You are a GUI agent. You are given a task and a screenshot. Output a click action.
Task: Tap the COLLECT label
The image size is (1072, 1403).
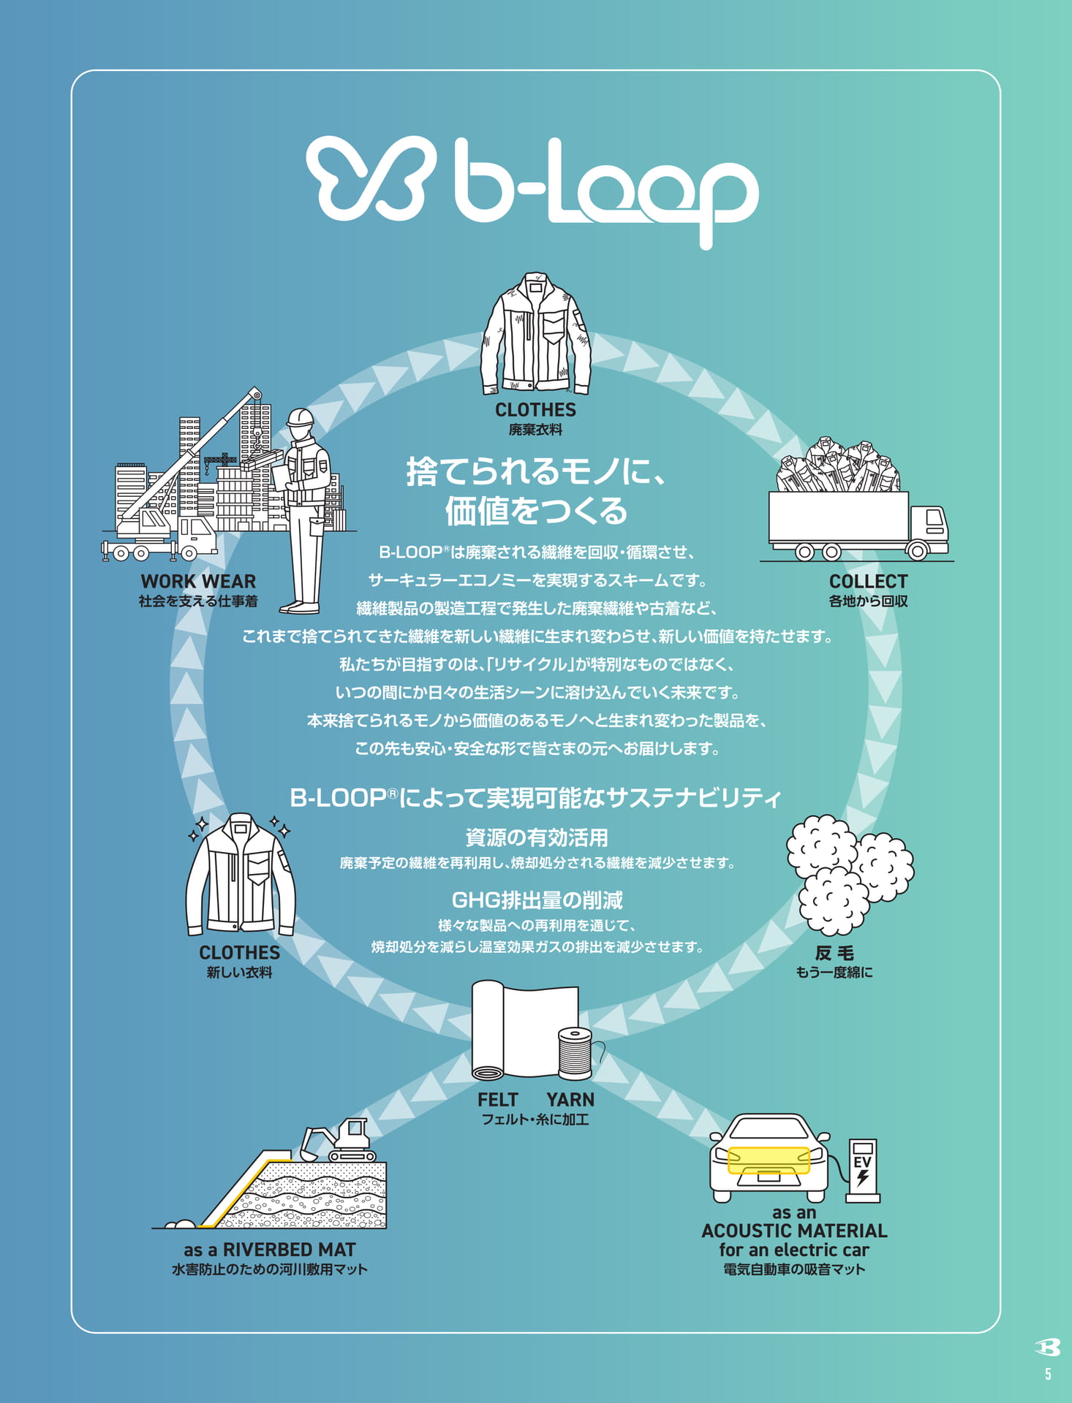coord(868,582)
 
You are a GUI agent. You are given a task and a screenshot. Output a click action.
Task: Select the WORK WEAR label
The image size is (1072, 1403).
coord(198,582)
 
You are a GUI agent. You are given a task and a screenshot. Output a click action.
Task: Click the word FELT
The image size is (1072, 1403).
coord(497,1100)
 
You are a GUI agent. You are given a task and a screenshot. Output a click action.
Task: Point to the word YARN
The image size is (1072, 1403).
coord(570,1100)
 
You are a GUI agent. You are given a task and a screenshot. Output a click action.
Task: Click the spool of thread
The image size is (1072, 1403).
coord(575,1054)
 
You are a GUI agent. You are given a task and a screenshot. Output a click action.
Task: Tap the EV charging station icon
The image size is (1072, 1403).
coord(863,1170)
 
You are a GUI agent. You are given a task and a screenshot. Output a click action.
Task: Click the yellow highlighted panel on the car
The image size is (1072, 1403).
coord(769,1160)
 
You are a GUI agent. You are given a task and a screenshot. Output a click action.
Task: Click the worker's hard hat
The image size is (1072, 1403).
coord(300,418)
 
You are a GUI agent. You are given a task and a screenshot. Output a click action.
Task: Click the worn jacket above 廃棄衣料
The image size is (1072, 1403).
coord(535,333)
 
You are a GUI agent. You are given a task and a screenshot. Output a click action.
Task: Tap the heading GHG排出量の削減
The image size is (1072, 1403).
coord(537,900)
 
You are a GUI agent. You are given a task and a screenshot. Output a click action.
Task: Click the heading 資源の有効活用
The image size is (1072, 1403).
coord(537,837)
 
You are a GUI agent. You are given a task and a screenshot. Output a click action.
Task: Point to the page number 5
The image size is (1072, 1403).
coord(1048,1375)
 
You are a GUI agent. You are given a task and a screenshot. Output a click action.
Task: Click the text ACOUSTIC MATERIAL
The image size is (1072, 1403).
coord(794,1231)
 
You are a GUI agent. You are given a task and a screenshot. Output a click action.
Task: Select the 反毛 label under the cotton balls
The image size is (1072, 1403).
coord(834,953)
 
